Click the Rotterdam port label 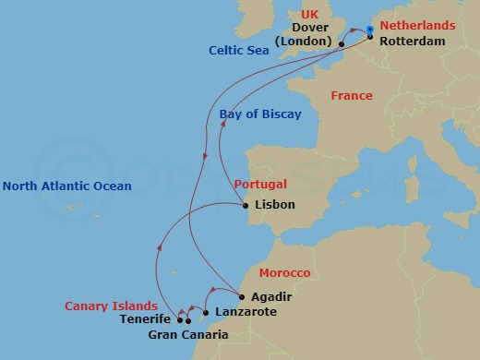click(x=413, y=42)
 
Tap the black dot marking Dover click(x=342, y=43)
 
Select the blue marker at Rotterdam click(x=369, y=30)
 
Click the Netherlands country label click(x=417, y=27)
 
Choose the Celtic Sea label click(x=239, y=51)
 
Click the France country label click(x=352, y=96)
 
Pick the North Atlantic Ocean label click(x=66, y=186)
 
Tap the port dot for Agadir click(x=241, y=297)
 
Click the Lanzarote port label click(x=245, y=313)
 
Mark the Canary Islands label click(x=108, y=306)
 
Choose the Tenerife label click(x=145, y=320)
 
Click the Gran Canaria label click(x=187, y=334)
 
